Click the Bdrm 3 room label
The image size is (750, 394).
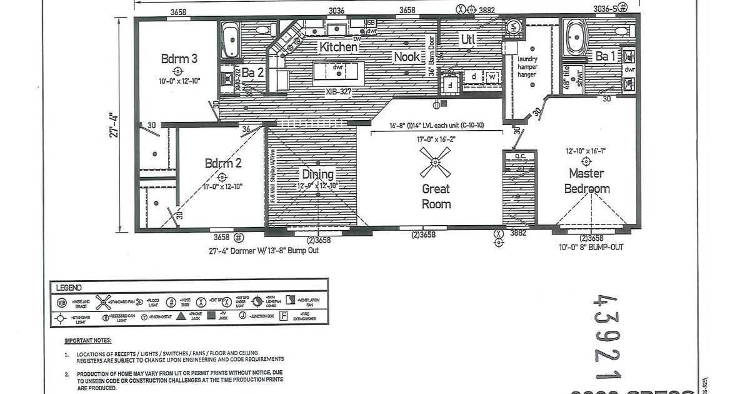click(x=179, y=59)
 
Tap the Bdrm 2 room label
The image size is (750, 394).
click(x=222, y=164)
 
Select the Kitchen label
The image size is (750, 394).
click(x=339, y=47)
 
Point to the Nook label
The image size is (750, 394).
click(x=407, y=57)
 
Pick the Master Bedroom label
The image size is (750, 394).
click(x=587, y=181)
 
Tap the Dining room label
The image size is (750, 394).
click(x=318, y=174)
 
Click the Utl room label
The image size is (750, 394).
click(x=469, y=40)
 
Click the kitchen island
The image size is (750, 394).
click(x=338, y=70)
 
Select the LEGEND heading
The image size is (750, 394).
click(x=69, y=288)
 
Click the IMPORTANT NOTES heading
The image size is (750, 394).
click(x=88, y=341)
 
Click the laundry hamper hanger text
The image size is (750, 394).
click(x=527, y=67)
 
